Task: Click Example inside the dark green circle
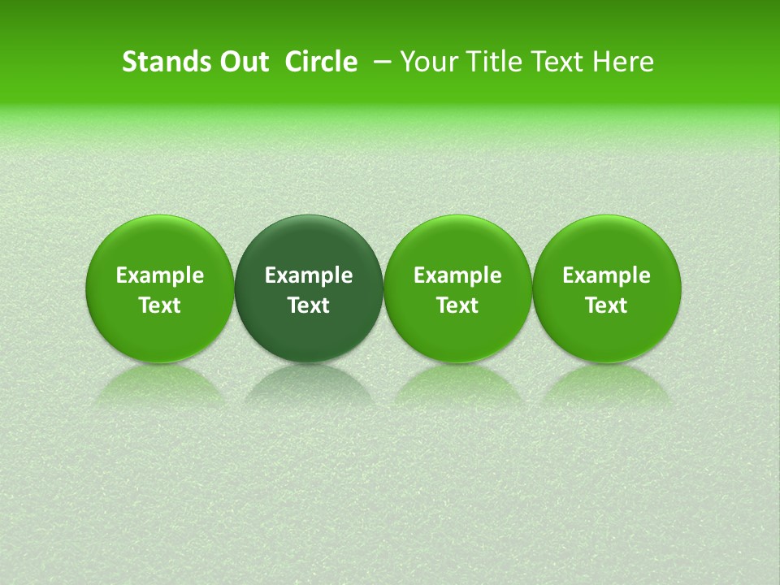(x=309, y=275)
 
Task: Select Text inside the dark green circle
(x=309, y=305)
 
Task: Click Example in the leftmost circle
(x=160, y=275)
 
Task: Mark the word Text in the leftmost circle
(x=160, y=305)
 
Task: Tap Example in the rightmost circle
(x=607, y=275)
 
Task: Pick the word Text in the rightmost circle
(x=607, y=305)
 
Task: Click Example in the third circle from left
(x=457, y=275)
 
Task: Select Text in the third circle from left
(x=457, y=305)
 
